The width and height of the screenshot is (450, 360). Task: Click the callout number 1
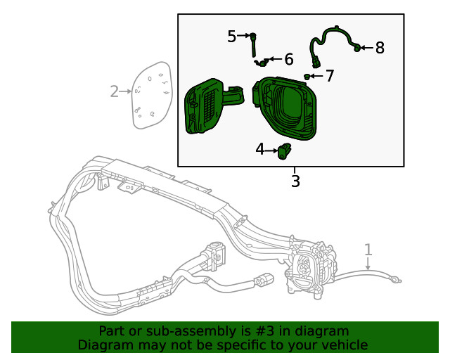(x=368, y=249)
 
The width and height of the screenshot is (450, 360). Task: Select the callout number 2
(x=115, y=91)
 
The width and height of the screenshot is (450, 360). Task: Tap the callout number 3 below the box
(x=295, y=181)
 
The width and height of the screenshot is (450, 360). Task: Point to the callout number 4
(x=260, y=149)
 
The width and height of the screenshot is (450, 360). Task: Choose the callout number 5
(x=232, y=36)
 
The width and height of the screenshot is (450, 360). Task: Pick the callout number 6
(x=288, y=59)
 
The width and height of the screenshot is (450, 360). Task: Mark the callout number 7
(x=329, y=75)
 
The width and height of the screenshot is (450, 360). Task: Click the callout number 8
(x=380, y=48)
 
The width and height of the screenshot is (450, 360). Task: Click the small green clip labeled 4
(x=285, y=149)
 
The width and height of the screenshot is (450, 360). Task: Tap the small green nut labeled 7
(x=308, y=75)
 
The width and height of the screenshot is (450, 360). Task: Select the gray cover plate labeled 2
(x=152, y=94)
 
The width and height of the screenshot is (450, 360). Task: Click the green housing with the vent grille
(x=207, y=105)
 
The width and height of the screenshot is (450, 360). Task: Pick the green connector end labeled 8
(x=358, y=47)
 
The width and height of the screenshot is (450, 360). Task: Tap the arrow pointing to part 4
(x=271, y=150)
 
